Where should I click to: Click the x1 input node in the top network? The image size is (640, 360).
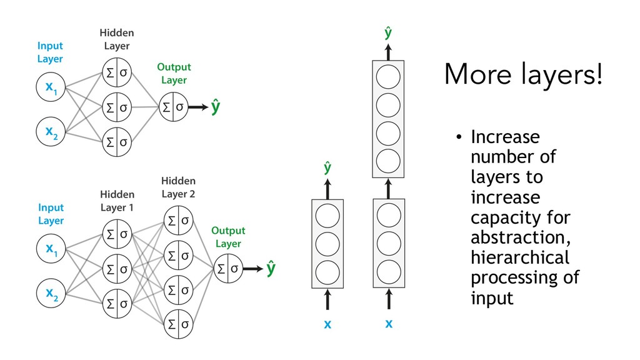point(49,89)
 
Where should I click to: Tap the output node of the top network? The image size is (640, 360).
point(172,107)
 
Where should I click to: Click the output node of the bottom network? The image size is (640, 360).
point(227,269)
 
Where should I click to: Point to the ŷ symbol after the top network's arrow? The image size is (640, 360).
point(216,107)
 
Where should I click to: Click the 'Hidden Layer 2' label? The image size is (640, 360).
point(178,187)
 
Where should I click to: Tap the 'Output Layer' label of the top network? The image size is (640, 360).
point(174,73)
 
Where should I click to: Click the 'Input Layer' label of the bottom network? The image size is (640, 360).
point(51,214)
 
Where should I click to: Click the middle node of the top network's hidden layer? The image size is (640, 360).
point(117,107)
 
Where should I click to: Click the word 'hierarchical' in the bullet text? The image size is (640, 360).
point(519,257)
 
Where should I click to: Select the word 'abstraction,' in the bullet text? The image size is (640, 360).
point(519,237)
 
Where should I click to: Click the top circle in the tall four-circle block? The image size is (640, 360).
point(388,76)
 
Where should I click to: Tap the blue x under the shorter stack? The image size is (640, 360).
point(327,325)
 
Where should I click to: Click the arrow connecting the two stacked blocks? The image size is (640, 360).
point(388,188)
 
